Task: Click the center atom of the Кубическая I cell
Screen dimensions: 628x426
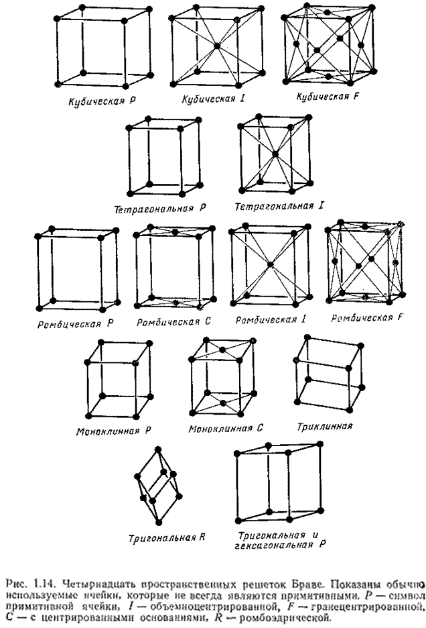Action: pyautogui.click(x=217, y=47)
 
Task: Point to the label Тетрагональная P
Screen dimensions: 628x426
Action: pyautogui.click(x=159, y=209)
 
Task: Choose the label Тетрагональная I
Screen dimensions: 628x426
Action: pyautogui.click(x=275, y=205)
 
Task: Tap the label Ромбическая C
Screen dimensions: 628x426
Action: pyautogui.click(x=173, y=322)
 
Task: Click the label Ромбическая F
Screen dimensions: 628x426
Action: pyautogui.click(x=369, y=317)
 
